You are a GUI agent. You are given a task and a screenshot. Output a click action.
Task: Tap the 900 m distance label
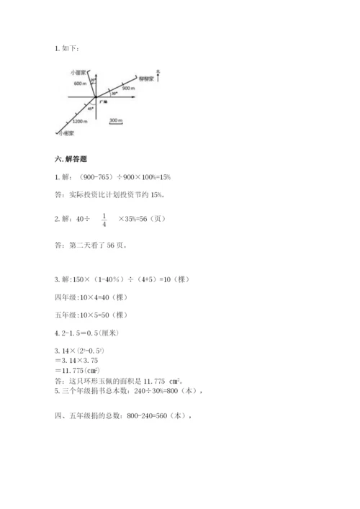(128, 88)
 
